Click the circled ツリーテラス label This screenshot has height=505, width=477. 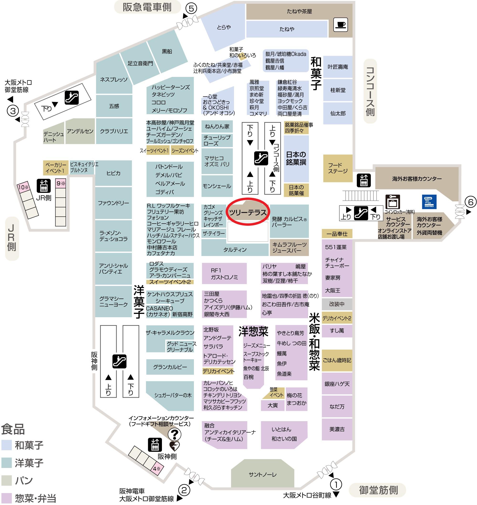point(247,212)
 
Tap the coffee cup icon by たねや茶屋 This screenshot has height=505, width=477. point(341,25)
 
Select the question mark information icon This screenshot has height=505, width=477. point(175,434)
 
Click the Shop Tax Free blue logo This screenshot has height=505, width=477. point(429,202)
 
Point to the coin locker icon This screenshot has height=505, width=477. point(393,202)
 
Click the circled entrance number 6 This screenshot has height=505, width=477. point(471,202)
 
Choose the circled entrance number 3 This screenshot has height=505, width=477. point(13,111)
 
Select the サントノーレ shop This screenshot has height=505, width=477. point(262,474)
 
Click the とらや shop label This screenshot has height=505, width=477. point(224,27)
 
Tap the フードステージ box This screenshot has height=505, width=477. point(338,168)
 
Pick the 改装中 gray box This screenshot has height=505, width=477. point(337,304)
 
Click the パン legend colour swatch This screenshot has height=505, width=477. point(6,480)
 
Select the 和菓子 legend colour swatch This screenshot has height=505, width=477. point(6,445)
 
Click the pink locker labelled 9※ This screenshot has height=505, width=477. point(61,183)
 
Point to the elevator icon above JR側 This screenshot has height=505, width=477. point(43,186)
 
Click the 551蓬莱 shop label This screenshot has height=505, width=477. point(336,247)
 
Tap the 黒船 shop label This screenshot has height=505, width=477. point(167,51)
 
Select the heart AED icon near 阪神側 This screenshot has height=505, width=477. point(174,446)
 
